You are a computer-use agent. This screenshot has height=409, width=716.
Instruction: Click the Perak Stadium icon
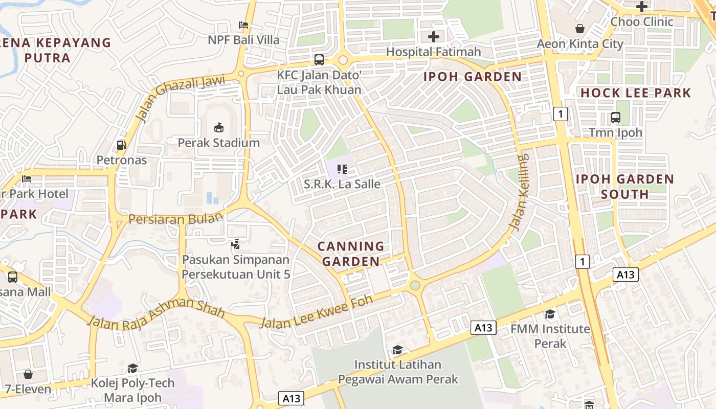tap(218, 127)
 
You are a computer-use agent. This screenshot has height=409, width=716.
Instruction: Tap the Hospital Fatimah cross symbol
tap(434, 37)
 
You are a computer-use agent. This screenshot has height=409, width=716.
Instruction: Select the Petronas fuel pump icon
tap(122, 145)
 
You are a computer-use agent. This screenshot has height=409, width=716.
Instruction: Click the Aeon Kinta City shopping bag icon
tap(580, 29)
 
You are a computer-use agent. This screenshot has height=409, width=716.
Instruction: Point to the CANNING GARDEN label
tap(351, 254)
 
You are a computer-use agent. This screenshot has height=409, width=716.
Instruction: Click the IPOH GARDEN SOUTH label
tap(625, 187)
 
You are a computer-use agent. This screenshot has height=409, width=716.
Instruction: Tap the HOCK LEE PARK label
tap(636, 93)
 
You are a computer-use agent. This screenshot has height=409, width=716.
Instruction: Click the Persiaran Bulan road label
tap(175, 218)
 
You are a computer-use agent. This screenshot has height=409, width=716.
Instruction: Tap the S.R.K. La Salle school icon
tap(342, 169)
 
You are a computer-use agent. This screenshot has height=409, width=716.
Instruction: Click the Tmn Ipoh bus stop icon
tap(616, 118)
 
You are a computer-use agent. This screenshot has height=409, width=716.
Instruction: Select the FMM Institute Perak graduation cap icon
tap(550, 314)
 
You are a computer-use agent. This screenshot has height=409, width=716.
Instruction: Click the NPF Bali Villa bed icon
tap(244, 25)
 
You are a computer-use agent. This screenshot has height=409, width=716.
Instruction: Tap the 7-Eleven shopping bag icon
tap(28, 374)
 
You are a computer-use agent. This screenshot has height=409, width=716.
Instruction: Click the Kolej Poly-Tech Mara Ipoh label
tap(132, 390)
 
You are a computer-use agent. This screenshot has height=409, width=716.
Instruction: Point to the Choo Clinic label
tap(642, 22)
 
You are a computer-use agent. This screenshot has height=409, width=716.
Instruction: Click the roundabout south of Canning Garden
tap(415, 285)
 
